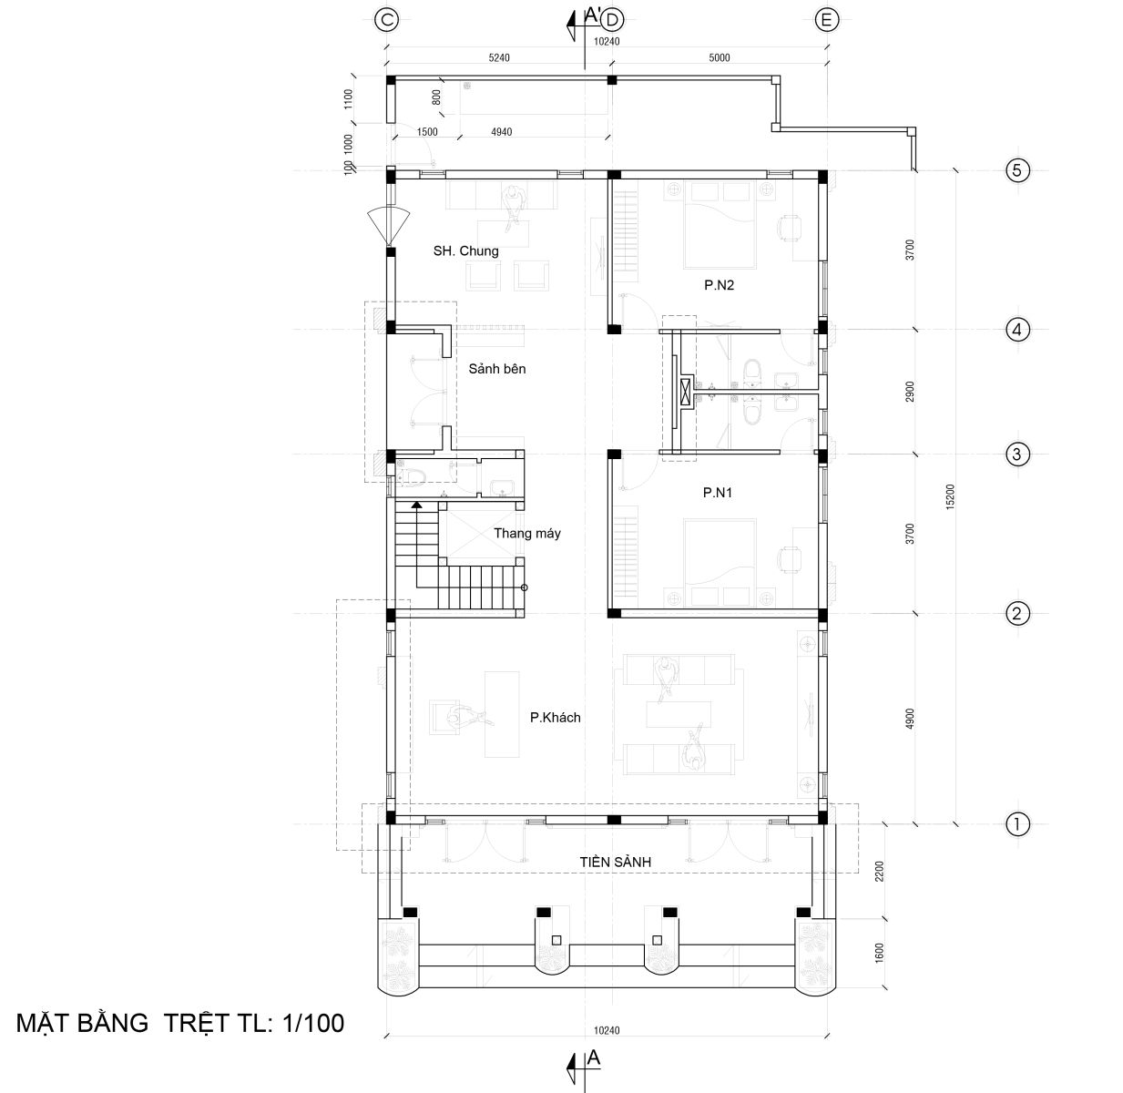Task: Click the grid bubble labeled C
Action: coord(387,20)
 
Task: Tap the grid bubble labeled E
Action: coord(826,20)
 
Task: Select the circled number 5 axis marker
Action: coord(1016,170)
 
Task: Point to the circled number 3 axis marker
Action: coord(1016,455)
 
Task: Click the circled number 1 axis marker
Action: coord(1016,824)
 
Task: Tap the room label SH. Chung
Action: coord(465,251)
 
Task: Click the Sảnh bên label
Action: coord(497,369)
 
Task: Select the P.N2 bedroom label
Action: coord(719,285)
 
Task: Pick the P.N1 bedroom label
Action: coord(718,492)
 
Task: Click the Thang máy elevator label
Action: coord(526,533)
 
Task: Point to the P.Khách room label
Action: coord(556,718)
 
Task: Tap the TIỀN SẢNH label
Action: coord(615,862)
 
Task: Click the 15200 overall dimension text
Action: coord(951,496)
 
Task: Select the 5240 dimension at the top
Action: coord(499,57)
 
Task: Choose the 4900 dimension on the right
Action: coord(910,719)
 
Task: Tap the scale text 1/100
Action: coord(312,1024)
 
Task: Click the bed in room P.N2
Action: coord(720,225)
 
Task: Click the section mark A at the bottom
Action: coord(593,1057)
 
